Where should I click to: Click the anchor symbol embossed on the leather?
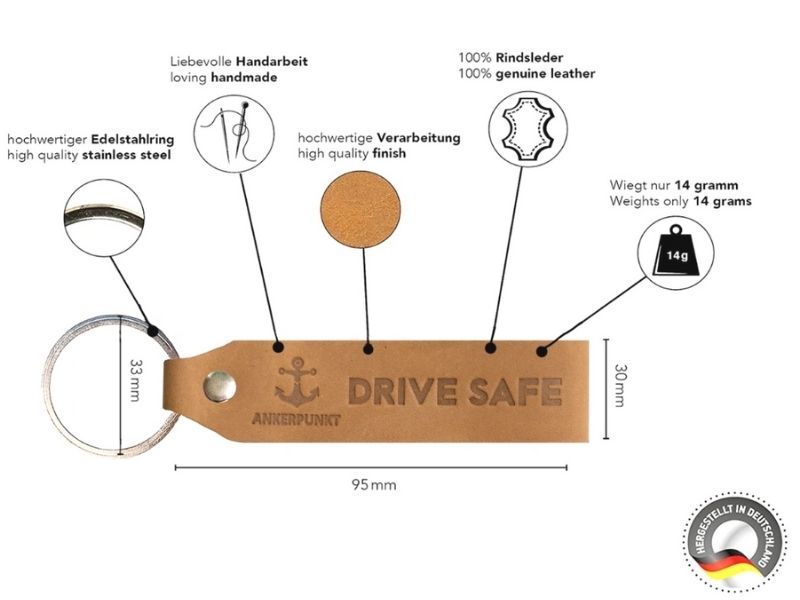point(297,382)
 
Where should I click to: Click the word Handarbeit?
point(271,61)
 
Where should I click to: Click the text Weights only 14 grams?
point(680,201)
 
